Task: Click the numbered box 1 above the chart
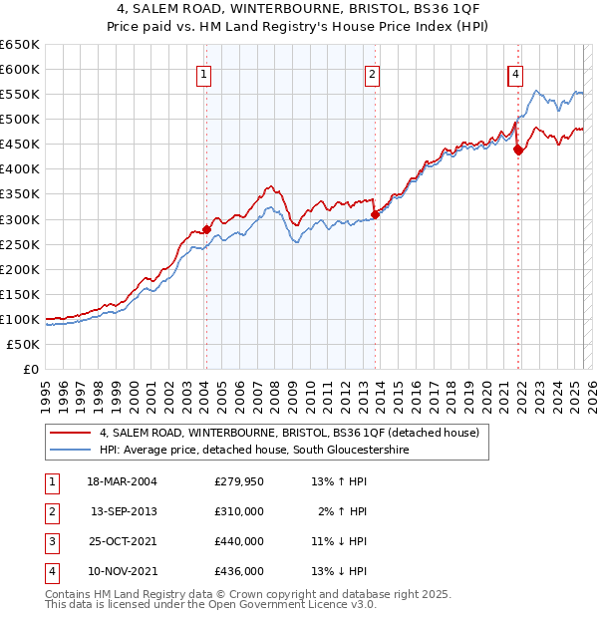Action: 203,73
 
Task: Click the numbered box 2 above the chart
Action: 372,73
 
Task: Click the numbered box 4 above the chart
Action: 515,73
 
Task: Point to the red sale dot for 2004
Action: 207,228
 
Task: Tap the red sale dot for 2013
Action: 375,213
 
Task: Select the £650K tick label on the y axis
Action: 20,45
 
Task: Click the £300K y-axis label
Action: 20,219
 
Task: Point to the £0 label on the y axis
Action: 30,369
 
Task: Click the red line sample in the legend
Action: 71,433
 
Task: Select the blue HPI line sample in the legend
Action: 71,451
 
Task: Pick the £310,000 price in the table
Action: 239,512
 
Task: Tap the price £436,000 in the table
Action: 239,572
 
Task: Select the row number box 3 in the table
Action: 50,542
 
